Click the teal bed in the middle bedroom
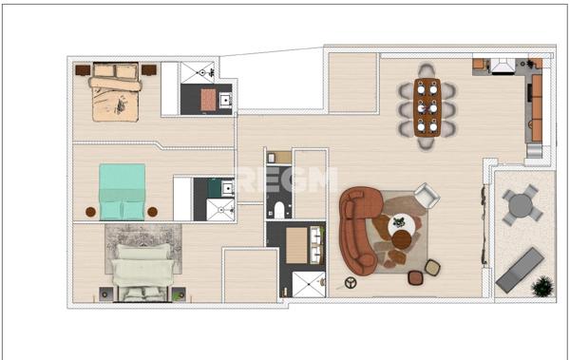click(123, 191)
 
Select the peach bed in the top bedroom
click(116, 91)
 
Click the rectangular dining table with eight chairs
click(427, 106)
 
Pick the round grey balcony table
click(520, 204)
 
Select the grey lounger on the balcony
click(520, 269)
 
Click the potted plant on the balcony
click(541, 285)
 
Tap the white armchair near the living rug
click(426, 197)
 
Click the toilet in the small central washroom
click(276, 210)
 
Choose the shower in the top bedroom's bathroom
click(200, 73)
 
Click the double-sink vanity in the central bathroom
click(303, 245)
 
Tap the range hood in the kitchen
click(503, 66)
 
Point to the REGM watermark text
click(286, 180)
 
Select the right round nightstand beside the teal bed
click(153, 211)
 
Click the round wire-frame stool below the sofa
click(351, 282)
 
